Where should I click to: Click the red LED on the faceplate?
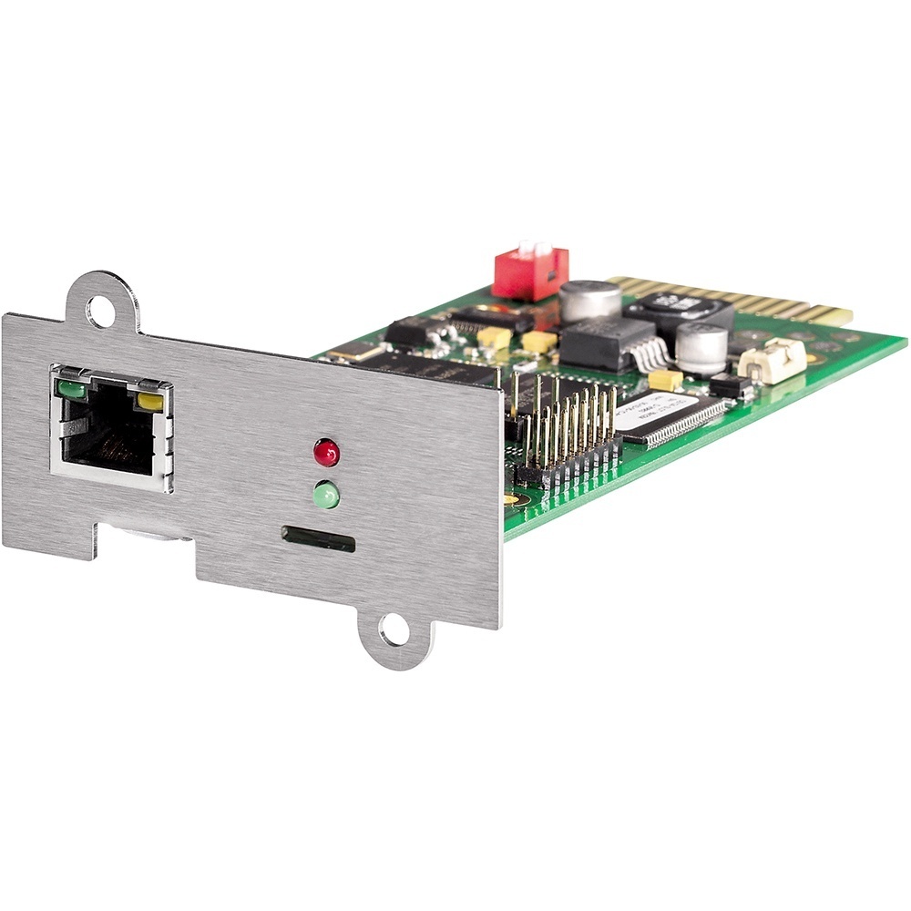[326, 452]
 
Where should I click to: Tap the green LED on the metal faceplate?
[326, 496]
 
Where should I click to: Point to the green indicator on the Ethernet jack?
[71, 391]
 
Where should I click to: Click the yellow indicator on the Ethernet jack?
[150, 400]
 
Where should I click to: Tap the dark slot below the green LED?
[318, 538]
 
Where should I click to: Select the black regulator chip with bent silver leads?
[605, 343]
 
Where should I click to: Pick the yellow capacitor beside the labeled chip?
[665, 380]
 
